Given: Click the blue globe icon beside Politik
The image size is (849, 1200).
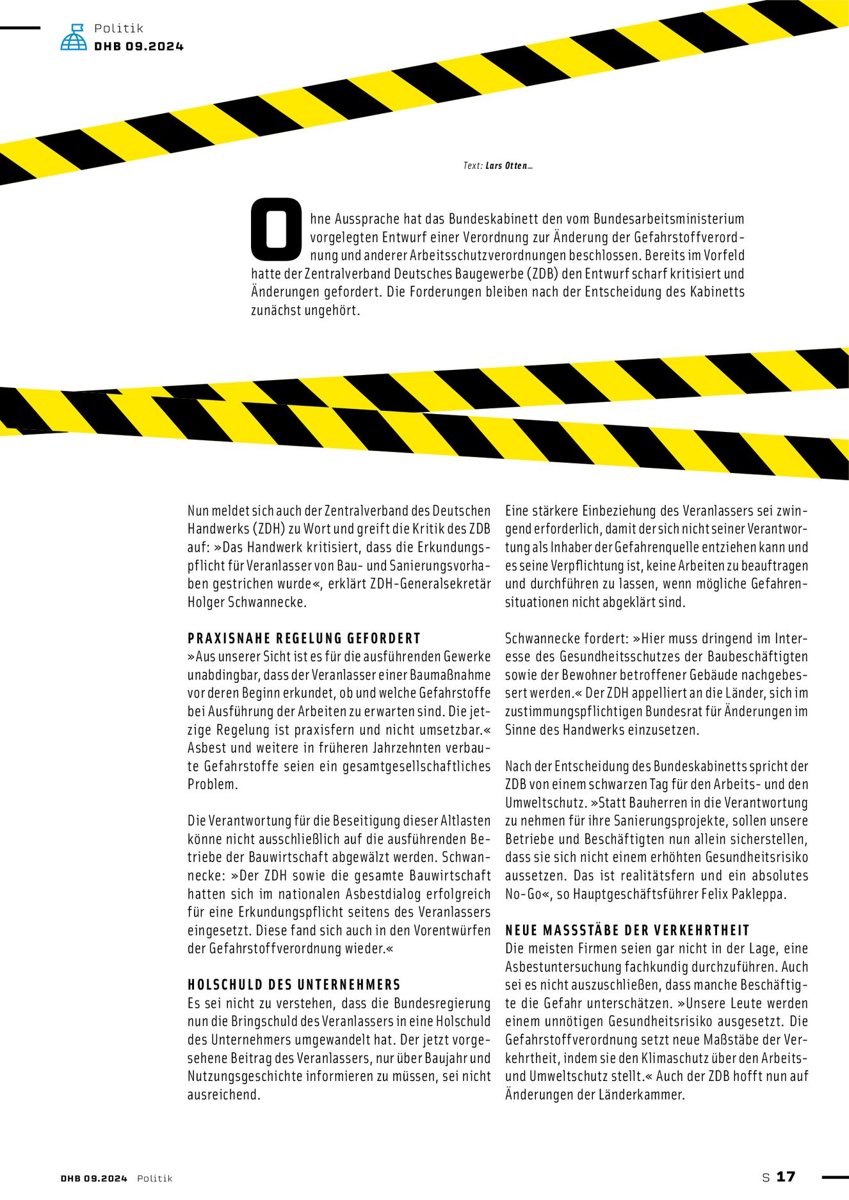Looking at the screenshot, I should click(74, 37).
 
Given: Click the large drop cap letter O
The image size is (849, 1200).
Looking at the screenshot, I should click(276, 228).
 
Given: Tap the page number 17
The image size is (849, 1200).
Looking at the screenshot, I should click(786, 1176).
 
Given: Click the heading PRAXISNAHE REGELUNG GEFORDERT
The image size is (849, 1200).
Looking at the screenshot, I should click(304, 638).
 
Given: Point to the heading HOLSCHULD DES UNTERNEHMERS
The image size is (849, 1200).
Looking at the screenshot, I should click(294, 984).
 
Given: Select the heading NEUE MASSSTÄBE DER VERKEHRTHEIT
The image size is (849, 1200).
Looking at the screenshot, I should click(627, 930).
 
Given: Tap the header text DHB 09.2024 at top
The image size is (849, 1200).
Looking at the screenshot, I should click(139, 46).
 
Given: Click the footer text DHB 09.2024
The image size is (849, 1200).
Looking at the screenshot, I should click(94, 1178).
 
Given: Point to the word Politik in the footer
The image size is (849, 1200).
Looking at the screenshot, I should click(155, 1178).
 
